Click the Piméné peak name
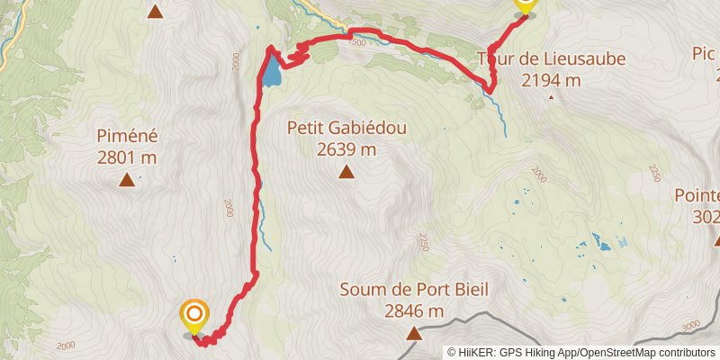[x=127, y=137]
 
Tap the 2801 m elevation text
[x=127, y=157]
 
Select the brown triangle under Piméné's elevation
[x=127, y=180]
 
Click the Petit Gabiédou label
[x=346, y=128]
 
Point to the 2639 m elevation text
[x=346, y=148]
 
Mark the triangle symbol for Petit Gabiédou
[x=346, y=171]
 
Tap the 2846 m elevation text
[x=414, y=311]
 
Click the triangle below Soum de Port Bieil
[x=414, y=334]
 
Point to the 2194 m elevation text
[x=551, y=80]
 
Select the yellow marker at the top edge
[x=525, y=7]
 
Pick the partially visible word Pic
[x=705, y=54]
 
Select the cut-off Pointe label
[x=698, y=196]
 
